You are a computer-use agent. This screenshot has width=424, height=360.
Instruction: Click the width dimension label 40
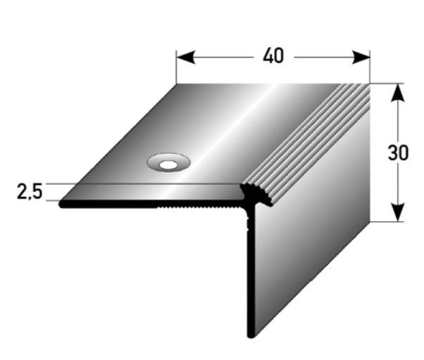point(273,56)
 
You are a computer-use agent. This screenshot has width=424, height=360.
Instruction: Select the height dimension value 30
point(398,153)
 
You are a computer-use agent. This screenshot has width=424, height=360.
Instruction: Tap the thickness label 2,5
point(30,192)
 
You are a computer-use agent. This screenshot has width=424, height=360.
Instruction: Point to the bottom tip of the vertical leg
point(250,334)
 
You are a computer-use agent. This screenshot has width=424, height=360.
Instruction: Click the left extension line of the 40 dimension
point(176,67)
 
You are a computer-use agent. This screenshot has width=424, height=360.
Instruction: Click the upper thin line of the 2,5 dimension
point(141,184)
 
